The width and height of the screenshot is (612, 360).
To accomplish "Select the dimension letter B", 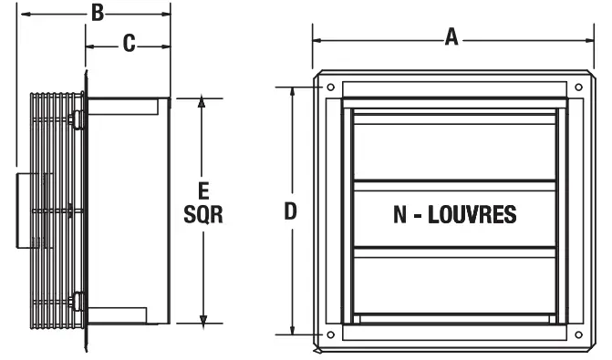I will click(x=97, y=13).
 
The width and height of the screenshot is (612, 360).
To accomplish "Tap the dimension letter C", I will click(x=129, y=43).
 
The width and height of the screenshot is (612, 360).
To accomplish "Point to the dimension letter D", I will click(x=290, y=211).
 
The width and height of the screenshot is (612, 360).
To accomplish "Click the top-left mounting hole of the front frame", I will click(x=330, y=87).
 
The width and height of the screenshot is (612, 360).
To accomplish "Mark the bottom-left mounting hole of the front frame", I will click(x=330, y=334).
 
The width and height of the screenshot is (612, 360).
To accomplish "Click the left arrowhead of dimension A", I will click(x=317, y=39).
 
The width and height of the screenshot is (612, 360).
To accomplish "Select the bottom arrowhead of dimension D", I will click(x=292, y=334).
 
